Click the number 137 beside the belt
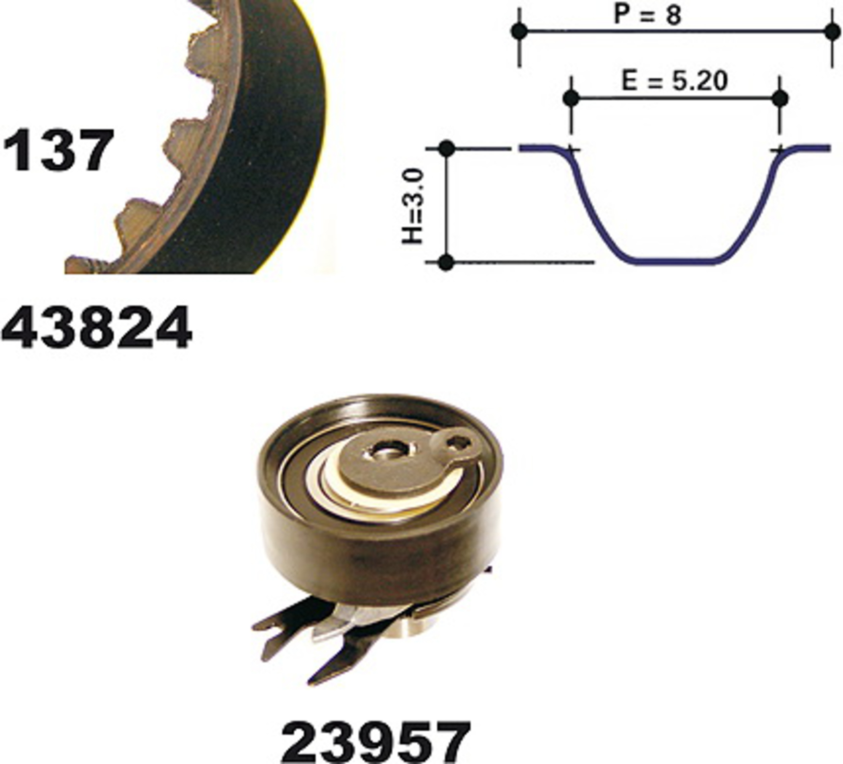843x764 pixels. click(x=58, y=150)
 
